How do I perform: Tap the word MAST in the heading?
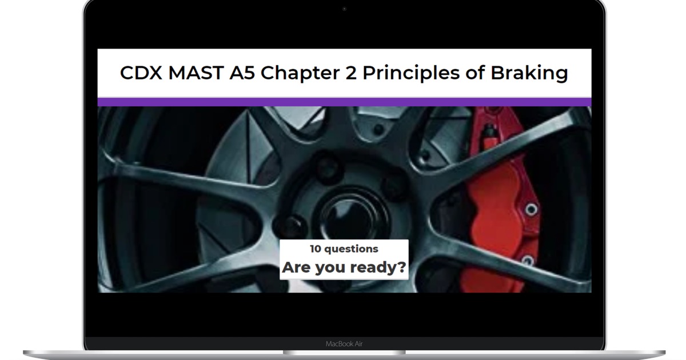coord(196,73)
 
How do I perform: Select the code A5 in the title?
coord(242,73)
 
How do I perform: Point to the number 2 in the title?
coord(350,73)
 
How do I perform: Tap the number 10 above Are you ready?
coord(315,249)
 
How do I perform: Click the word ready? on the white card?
coord(378,268)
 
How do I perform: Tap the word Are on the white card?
coord(297,267)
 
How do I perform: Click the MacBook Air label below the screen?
coord(344,344)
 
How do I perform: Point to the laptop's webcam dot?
coord(344,9)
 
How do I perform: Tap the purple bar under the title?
coord(344,102)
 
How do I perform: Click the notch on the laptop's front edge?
coord(344,353)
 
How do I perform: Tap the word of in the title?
coord(475,73)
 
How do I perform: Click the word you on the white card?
coord(331,269)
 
